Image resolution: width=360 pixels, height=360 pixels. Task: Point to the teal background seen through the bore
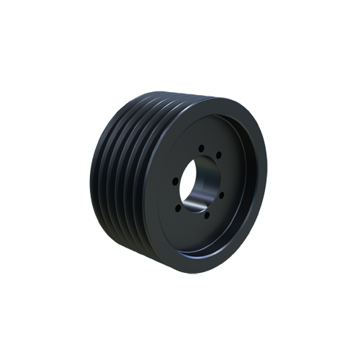click(x=204, y=173)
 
